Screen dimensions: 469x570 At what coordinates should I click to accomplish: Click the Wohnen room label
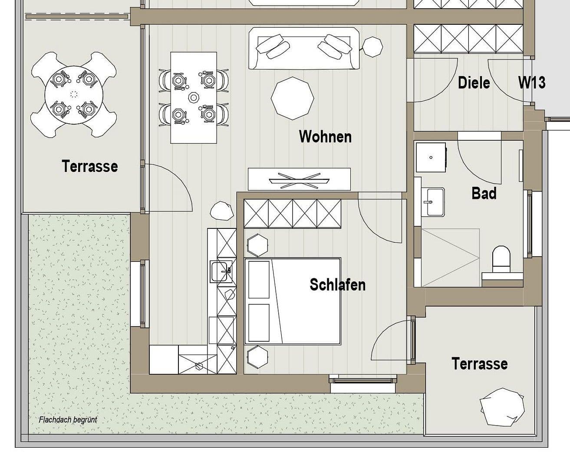click(x=325, y=137)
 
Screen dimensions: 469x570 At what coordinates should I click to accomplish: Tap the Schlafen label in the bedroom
click(x=337, y=285)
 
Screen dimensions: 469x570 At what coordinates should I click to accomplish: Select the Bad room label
click(x=484, y=193)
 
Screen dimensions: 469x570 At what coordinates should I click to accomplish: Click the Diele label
click(x=474, y=83)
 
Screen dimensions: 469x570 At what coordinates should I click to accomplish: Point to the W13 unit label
click(x=532, y=83)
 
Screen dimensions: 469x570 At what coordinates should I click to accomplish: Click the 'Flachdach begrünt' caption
click(x=68, y=420)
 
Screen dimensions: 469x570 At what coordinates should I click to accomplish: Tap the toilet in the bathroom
click(x=501, y=259)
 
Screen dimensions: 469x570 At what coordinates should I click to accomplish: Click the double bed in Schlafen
click(x=293, y=301)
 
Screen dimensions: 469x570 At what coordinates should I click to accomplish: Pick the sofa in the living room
click(x=304, y=48)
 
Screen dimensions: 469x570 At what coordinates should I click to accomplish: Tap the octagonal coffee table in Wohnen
click(x=292, y=98)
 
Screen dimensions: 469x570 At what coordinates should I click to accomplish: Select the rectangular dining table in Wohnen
click(x=194, y=97)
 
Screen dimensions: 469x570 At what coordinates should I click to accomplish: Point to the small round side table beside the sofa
click(x=372, y=46)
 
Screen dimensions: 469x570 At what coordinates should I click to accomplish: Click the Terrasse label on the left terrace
click(x=89, y=166)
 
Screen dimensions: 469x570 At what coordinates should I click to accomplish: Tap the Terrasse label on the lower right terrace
click(x=479, y=363)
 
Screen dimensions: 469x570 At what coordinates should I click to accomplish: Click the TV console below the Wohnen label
click(x=299, y=179)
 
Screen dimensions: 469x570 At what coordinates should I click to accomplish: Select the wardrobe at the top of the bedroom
click(x=292, y=214)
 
